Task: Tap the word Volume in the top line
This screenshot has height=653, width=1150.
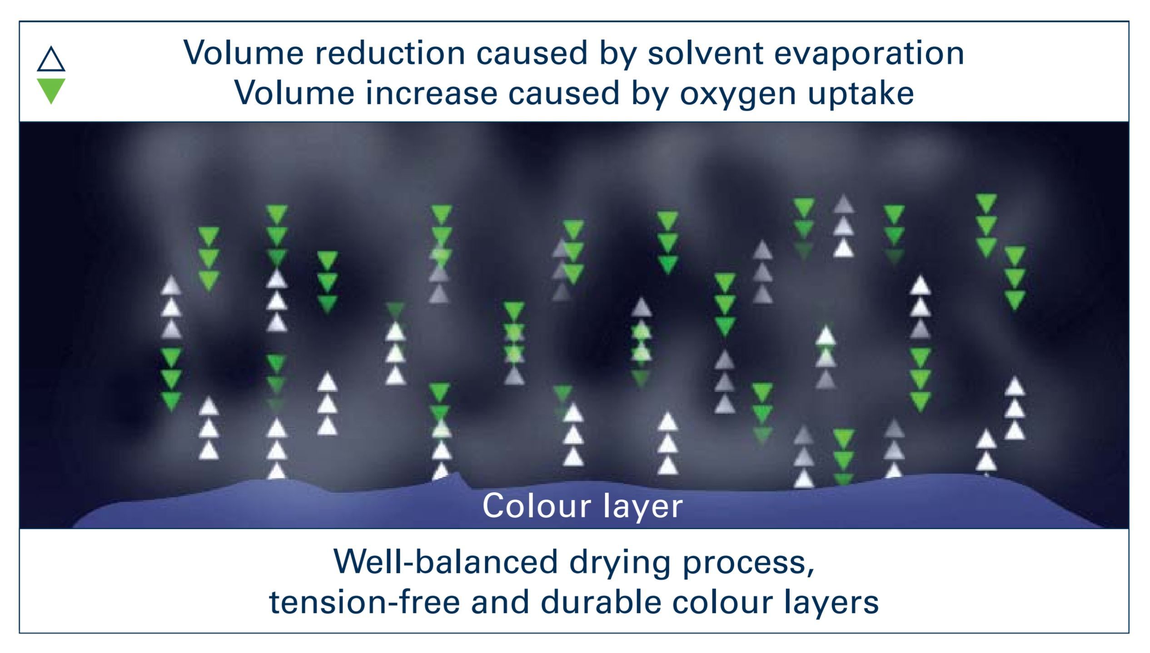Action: [x=243, y=53]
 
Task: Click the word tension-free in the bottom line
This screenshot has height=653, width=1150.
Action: [x=364, y=602]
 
